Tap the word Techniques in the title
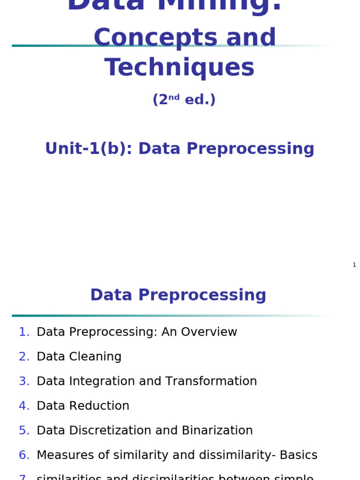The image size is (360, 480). (x=180, y=68)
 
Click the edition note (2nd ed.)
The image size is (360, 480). (x=184, y=100)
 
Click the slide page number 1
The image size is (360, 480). (x=354, y=265)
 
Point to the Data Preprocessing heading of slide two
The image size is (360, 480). (x=178, y=295)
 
